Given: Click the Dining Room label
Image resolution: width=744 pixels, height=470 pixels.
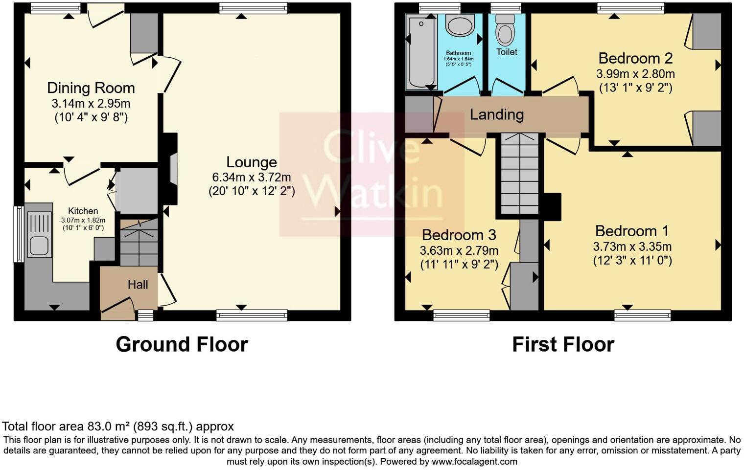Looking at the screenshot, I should click(x=91, y=88).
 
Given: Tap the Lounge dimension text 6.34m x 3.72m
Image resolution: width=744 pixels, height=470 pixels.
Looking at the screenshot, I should click(x=252, y=177).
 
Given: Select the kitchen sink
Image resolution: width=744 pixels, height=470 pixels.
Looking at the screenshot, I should click(x=39, y=234).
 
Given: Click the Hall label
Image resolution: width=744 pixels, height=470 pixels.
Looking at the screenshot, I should click(x=138, y=285).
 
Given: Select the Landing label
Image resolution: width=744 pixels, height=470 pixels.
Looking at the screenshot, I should click(x=496, y=114).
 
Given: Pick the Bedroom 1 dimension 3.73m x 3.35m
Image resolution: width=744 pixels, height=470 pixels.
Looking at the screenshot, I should click(x=632, y=246).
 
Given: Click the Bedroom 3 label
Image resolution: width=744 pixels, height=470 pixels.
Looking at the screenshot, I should click(x=459, y=235).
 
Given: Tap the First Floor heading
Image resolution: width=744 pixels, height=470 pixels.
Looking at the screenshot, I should click(x=563, y=344).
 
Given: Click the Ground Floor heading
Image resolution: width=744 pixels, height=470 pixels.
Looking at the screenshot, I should click(x=182, y=344).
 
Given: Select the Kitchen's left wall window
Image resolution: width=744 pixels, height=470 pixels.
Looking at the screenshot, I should click(x=18, y=234).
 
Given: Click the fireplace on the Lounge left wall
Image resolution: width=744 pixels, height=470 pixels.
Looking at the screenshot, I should click(x=171, y=169).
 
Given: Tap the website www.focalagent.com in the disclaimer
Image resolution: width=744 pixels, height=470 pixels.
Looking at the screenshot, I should click(x=474, y=461).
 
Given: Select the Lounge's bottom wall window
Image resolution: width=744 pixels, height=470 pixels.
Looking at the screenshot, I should click(x=252, y=315).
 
